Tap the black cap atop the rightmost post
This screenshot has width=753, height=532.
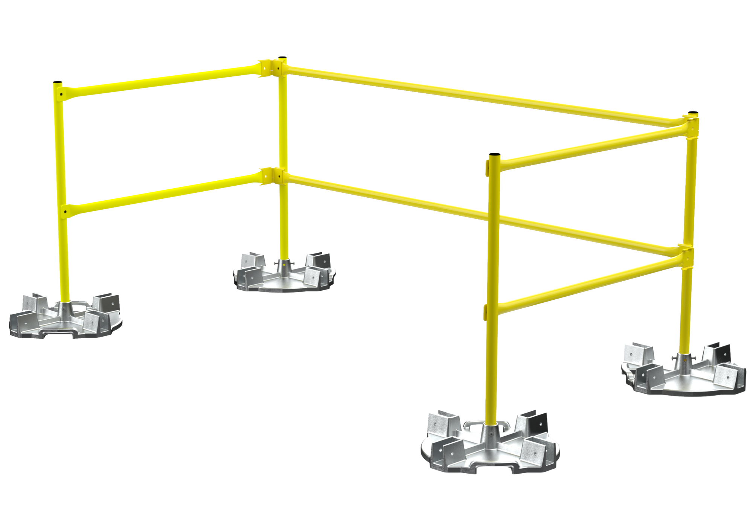click(692, 113)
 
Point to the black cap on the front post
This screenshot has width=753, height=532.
click(494, 154)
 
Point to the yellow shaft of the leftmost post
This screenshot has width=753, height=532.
click(64, 245)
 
